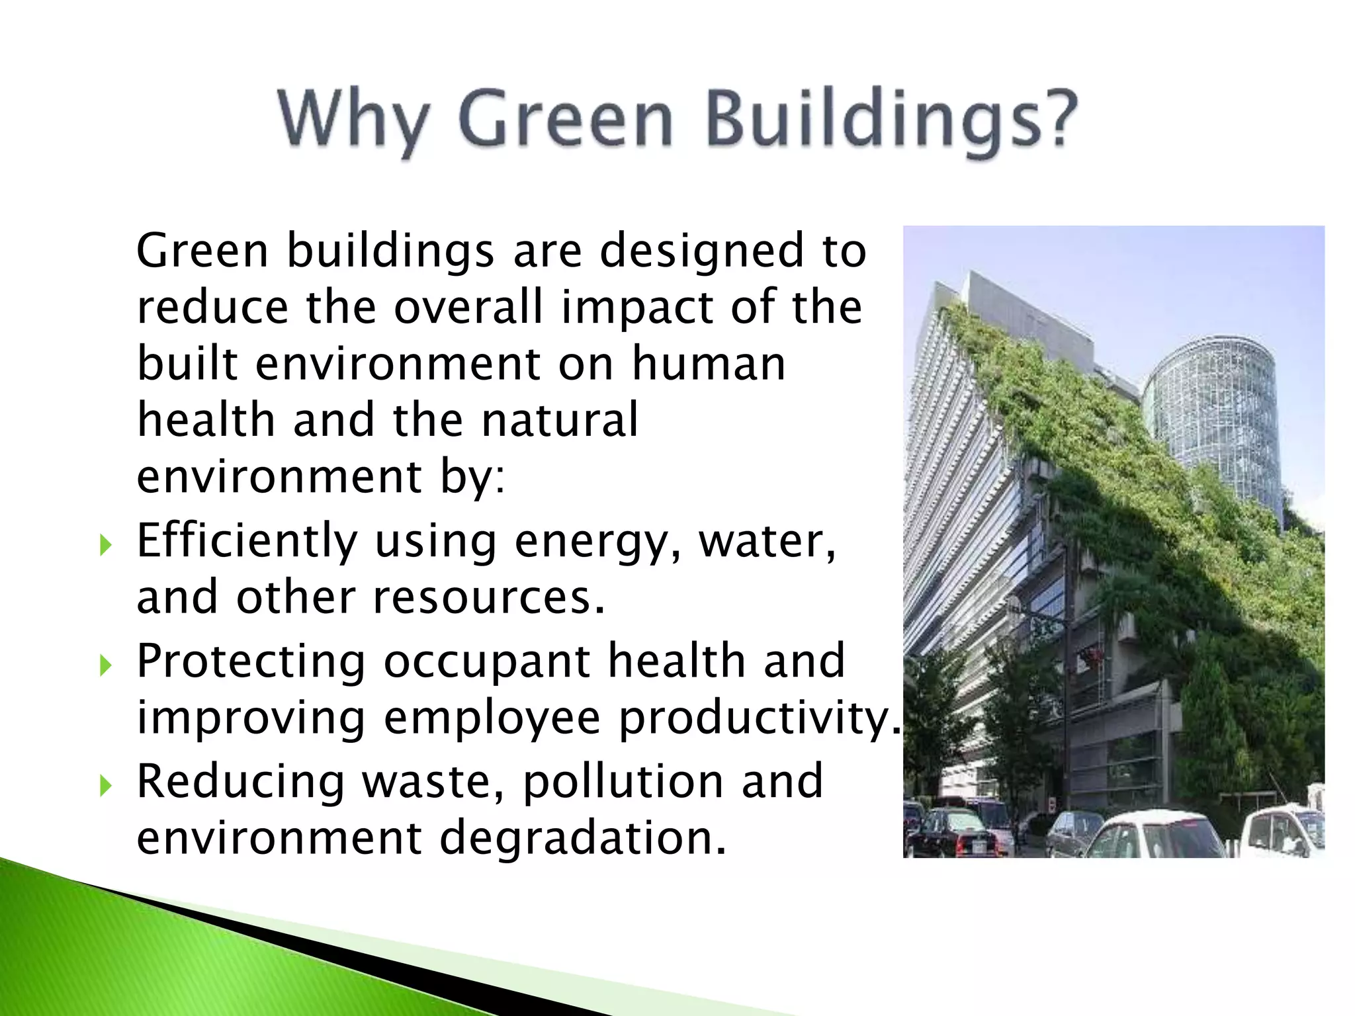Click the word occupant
[486, 662]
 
